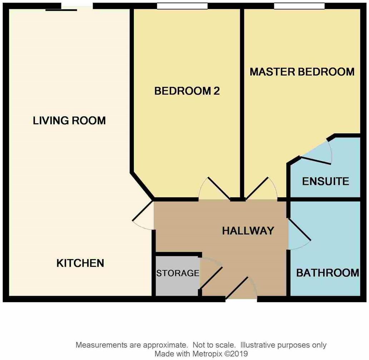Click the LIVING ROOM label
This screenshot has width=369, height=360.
pyautogui.click(x=69, y=120)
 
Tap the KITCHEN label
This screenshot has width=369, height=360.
pyautogui.click(x=80, y=263)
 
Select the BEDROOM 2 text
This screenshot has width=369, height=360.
pyautogui.click(x=187, y=91)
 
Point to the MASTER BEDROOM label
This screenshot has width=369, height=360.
pyautogui.click(x=302, y=72)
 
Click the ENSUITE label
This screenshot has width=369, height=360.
pyautogui.click(x=325, y=181)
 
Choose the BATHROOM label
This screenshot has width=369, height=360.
pyautogui.click(x=328, y=273)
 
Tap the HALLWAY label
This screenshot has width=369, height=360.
pyautogui.click(x=248, y=231)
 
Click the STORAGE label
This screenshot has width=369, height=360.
pyautogui.click(x=177, y=273)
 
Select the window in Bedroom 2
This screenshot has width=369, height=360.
pyautogui.click(x=182, y=6)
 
